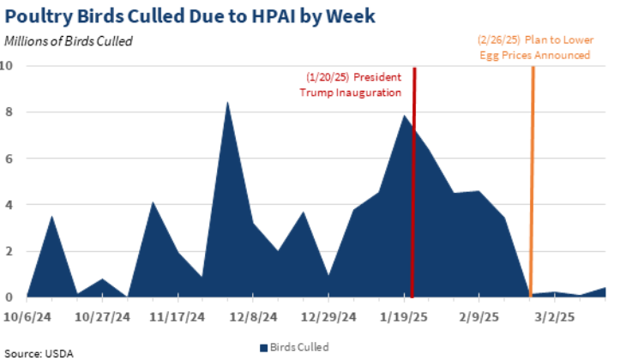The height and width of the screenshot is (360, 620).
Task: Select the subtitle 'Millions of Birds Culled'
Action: click(x=69, y=40)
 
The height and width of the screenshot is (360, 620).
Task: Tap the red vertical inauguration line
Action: click(x=414, y=171)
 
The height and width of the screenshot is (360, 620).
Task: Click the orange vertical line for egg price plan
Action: click(x=533, y=171)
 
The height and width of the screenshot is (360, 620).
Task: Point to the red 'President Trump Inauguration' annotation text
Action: click(x=351, y=84)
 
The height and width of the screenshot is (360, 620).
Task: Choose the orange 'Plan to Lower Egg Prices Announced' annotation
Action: click(x=533, y=47)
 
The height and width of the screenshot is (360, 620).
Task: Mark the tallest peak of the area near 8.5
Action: click(x=226, y=102)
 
